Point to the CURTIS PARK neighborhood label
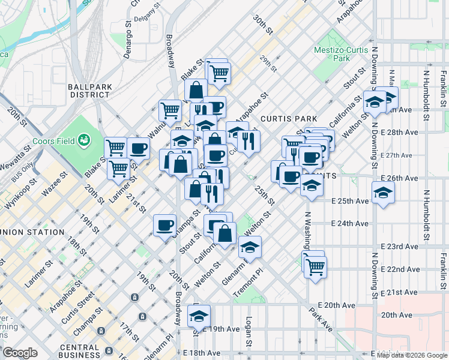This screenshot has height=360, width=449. pos(283,119)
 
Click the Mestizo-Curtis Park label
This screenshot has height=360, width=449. pos(341,54)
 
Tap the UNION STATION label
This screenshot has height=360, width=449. pos(33,232)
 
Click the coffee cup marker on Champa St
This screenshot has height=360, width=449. pos(164,226)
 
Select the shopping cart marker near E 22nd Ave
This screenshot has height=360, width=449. pos(315,265)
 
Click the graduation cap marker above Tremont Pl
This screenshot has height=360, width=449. pos(250,247)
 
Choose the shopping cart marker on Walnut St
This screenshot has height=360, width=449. pos(170,110)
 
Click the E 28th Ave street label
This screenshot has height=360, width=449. pos(400,132)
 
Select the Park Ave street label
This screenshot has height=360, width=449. pos(321,320)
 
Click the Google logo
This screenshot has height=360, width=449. pos(20,353)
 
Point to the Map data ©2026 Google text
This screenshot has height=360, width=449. pos(412,355)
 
